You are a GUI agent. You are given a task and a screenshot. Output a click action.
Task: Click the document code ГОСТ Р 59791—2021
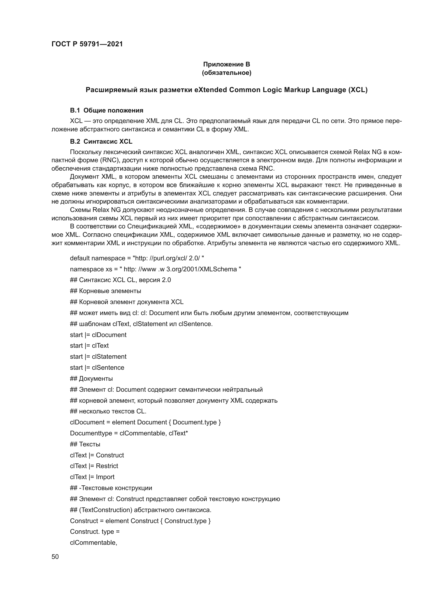pos(87,44)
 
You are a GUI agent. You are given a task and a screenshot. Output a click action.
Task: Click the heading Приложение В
pos(226,64)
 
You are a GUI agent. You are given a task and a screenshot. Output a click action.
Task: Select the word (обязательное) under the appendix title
pos(226,73)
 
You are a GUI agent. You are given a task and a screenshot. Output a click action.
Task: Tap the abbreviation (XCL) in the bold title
pos(358,90)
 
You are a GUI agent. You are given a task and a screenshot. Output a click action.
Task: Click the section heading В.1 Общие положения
pos(106,110)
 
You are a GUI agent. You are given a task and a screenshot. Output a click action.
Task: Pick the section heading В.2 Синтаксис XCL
pos(101,141)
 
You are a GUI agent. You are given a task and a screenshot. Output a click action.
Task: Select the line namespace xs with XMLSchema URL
pos(156,269)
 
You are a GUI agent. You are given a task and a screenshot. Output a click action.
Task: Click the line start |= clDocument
pos(98,335)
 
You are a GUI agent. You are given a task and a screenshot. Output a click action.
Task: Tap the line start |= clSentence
pos(97,368)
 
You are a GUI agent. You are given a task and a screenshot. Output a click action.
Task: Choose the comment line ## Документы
pos(91,379)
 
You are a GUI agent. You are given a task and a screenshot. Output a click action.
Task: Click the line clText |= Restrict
pos(94,466)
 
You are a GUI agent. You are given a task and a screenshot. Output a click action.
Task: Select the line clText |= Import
pos(92,477)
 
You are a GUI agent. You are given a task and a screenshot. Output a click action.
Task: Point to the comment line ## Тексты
pos(85,444)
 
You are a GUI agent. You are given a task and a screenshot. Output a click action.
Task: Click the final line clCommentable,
pos(93,542)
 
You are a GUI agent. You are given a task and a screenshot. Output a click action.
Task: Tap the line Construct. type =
pos(95,531)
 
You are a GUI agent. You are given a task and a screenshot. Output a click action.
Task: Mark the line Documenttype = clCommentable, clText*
pos(129,433)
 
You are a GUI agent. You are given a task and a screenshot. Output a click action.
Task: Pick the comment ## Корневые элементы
pos(106,291)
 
